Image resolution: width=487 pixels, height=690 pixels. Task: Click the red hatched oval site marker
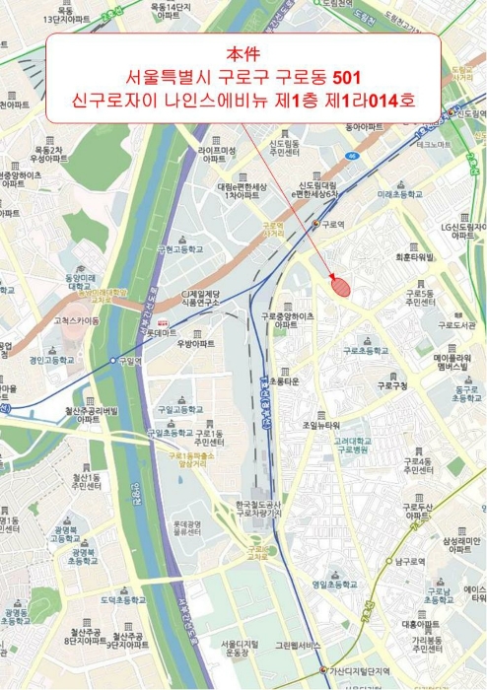(340, 286)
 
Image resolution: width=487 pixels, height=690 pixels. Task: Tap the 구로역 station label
(335, 224)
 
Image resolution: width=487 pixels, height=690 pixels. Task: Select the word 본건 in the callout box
(241, 53)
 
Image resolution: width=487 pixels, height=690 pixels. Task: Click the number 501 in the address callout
(347, 77)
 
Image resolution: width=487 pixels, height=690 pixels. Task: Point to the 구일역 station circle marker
(113, 361)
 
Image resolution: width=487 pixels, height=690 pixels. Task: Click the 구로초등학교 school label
(366, 350)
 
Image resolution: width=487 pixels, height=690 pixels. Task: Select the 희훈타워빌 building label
(414, 256)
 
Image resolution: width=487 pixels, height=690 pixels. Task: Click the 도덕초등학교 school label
(124, 599)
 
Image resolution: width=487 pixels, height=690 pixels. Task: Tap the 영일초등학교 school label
(334, 585)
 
